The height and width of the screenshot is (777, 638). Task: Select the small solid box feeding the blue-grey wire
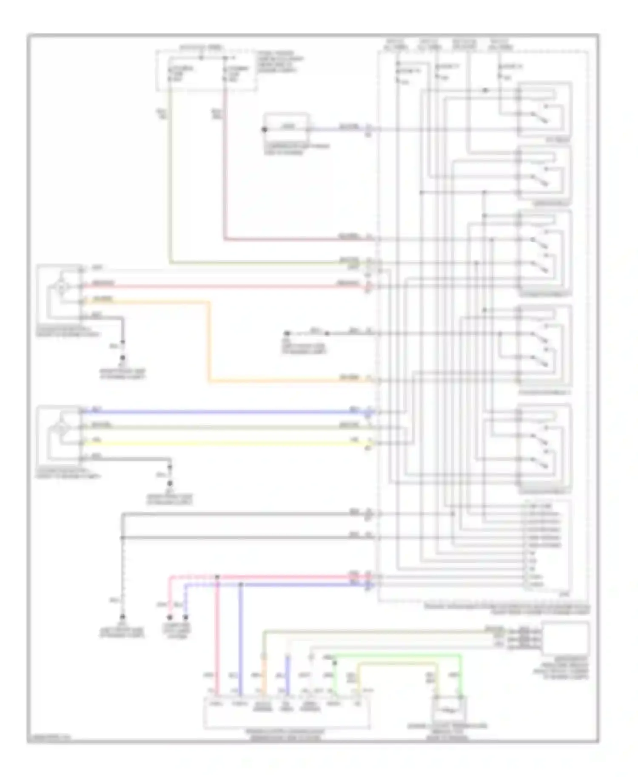tap(286, 127)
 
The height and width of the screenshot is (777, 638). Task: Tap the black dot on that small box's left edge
tap(264, 129)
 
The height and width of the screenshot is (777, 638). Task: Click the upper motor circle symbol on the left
tap(62, 288)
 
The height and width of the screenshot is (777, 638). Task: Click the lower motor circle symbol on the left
tap(62, 428)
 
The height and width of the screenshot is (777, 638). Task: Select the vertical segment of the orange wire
tap(209, 340)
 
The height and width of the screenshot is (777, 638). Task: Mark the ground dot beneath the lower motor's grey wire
tap(170, 483)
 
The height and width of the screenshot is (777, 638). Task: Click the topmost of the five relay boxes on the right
tap(544, 109)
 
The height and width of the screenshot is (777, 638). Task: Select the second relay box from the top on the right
tap(544, 175)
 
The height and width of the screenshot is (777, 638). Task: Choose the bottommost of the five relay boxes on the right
tap(544, 448)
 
